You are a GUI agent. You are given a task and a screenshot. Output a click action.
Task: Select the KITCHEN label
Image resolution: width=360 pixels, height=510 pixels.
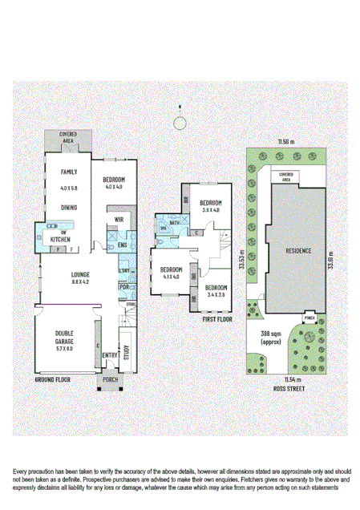[62, 240]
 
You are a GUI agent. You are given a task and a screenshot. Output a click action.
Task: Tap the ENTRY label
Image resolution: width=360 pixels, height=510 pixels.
[109, 355]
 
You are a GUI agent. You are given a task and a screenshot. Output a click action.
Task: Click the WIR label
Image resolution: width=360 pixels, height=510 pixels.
[119, 218]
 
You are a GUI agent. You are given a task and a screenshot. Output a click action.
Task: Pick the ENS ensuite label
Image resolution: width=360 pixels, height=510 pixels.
[123, 245]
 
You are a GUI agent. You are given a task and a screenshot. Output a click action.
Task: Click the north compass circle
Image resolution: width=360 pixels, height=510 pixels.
[180, 122]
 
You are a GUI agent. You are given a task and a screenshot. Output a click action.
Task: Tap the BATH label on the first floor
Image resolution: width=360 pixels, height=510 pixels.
[174, 222]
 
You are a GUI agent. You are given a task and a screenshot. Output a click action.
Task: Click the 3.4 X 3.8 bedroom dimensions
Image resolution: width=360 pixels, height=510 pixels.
[215, 294]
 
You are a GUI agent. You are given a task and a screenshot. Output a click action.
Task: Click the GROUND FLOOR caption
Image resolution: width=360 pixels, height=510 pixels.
[53, 377]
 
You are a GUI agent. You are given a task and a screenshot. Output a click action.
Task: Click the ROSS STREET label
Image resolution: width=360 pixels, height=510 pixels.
[286, 387]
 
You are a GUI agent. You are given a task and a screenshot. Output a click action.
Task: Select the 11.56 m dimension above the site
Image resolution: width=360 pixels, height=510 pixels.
[286, 142]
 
